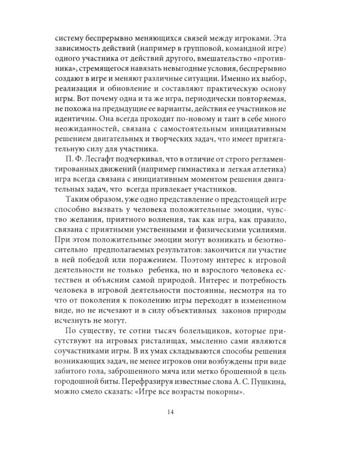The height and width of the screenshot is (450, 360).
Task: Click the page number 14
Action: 180,412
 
